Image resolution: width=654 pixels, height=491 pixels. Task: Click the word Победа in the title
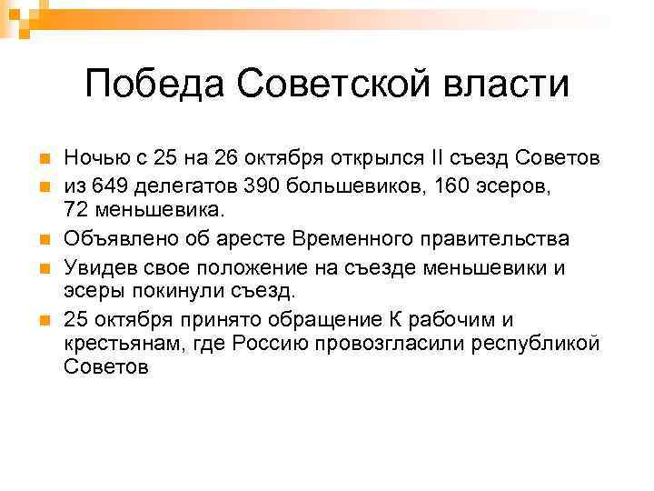pos(152,85)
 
